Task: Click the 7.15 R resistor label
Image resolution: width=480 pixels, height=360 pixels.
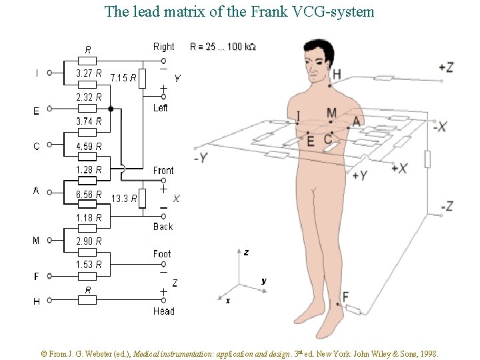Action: coord(123,78)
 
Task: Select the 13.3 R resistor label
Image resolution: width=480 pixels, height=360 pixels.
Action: coord(124,198)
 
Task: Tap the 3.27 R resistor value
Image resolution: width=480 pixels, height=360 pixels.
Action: coord(89,73)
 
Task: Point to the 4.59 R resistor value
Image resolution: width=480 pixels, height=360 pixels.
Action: coord(89,146)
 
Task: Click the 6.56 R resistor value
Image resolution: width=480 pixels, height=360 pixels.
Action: coord(89,194)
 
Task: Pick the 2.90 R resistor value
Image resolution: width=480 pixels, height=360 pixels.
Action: coord(89,241)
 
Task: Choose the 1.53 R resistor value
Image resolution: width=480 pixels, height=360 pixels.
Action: coord(89,265)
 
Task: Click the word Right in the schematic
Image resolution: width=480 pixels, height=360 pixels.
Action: coord(163,47)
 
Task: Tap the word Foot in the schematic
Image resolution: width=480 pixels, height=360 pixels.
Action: coord(162,254)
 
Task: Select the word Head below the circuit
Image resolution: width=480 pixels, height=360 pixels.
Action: coord(163,311)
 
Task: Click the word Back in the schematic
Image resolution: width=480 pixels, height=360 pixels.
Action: coord(163,227)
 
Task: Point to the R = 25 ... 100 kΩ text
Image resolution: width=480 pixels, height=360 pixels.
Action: coord(223,47)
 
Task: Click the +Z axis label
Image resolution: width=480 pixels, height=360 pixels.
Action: coord(446,67)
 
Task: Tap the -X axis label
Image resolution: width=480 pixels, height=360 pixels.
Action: coord(439,127)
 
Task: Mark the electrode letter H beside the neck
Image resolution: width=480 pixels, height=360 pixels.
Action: coord(337,73)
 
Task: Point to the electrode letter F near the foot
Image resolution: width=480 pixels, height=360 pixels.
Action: coord(345,297)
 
